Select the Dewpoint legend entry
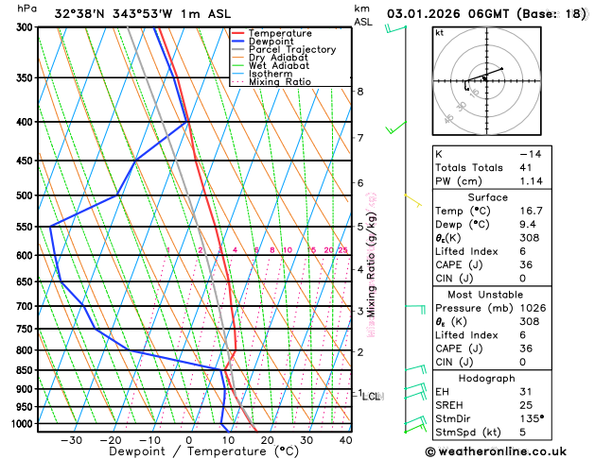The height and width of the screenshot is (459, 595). click(x=277, y=42)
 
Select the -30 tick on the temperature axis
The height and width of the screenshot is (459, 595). click(x=71, y=440)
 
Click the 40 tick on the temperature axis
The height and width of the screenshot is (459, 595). click(x=345, y=440)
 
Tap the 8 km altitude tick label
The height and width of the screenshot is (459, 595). click(x=360, y=92)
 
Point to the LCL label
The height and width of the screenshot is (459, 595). click(x=372, y=397)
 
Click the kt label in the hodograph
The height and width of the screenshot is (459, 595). click(x=440, y=33)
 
